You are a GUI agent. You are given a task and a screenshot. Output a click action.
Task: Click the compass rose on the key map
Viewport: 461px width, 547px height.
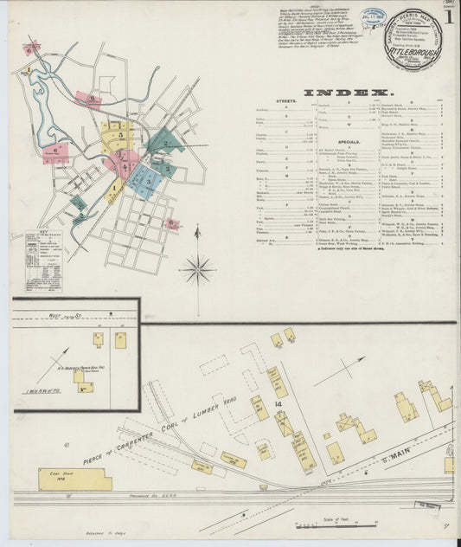(197, 269)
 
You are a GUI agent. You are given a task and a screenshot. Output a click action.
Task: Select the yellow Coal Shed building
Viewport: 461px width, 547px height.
(74, 479)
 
